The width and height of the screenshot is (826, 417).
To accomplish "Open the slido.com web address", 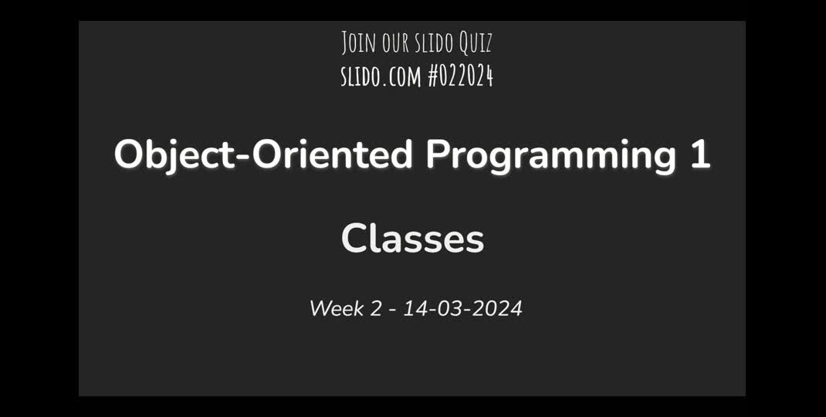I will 380,76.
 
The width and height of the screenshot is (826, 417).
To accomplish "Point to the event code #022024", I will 460,76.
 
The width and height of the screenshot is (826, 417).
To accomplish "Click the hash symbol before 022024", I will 433,76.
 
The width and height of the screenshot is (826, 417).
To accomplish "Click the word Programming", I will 550,154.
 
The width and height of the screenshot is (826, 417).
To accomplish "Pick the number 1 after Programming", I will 700,154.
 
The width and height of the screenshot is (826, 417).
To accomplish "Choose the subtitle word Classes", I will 412,239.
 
